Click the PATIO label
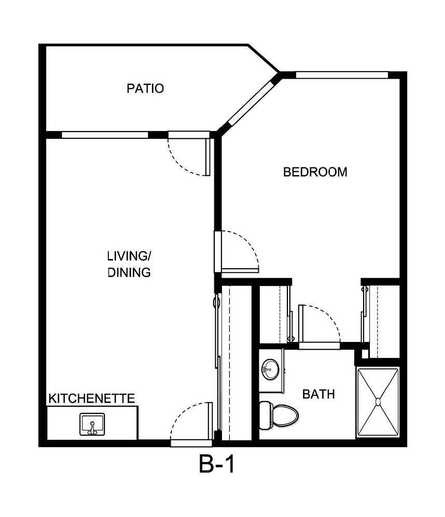click(x=145, y=89)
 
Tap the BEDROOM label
click(x=315, y=172)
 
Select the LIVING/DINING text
click(x=129, y=264)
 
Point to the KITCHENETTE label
click(x=92, y=398)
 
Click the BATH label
click(x=318, y=394)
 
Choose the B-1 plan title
click(x=217, y=465)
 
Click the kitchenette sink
click(x=92, y=424)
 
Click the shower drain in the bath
click(x=378, y=401)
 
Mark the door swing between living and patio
click(x=187, y=155)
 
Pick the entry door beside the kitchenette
click(x=191, y=422)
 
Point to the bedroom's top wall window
click(x=341, y=75)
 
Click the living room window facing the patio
click(x=105, y=135)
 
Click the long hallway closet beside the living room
click(x=234, y=363)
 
